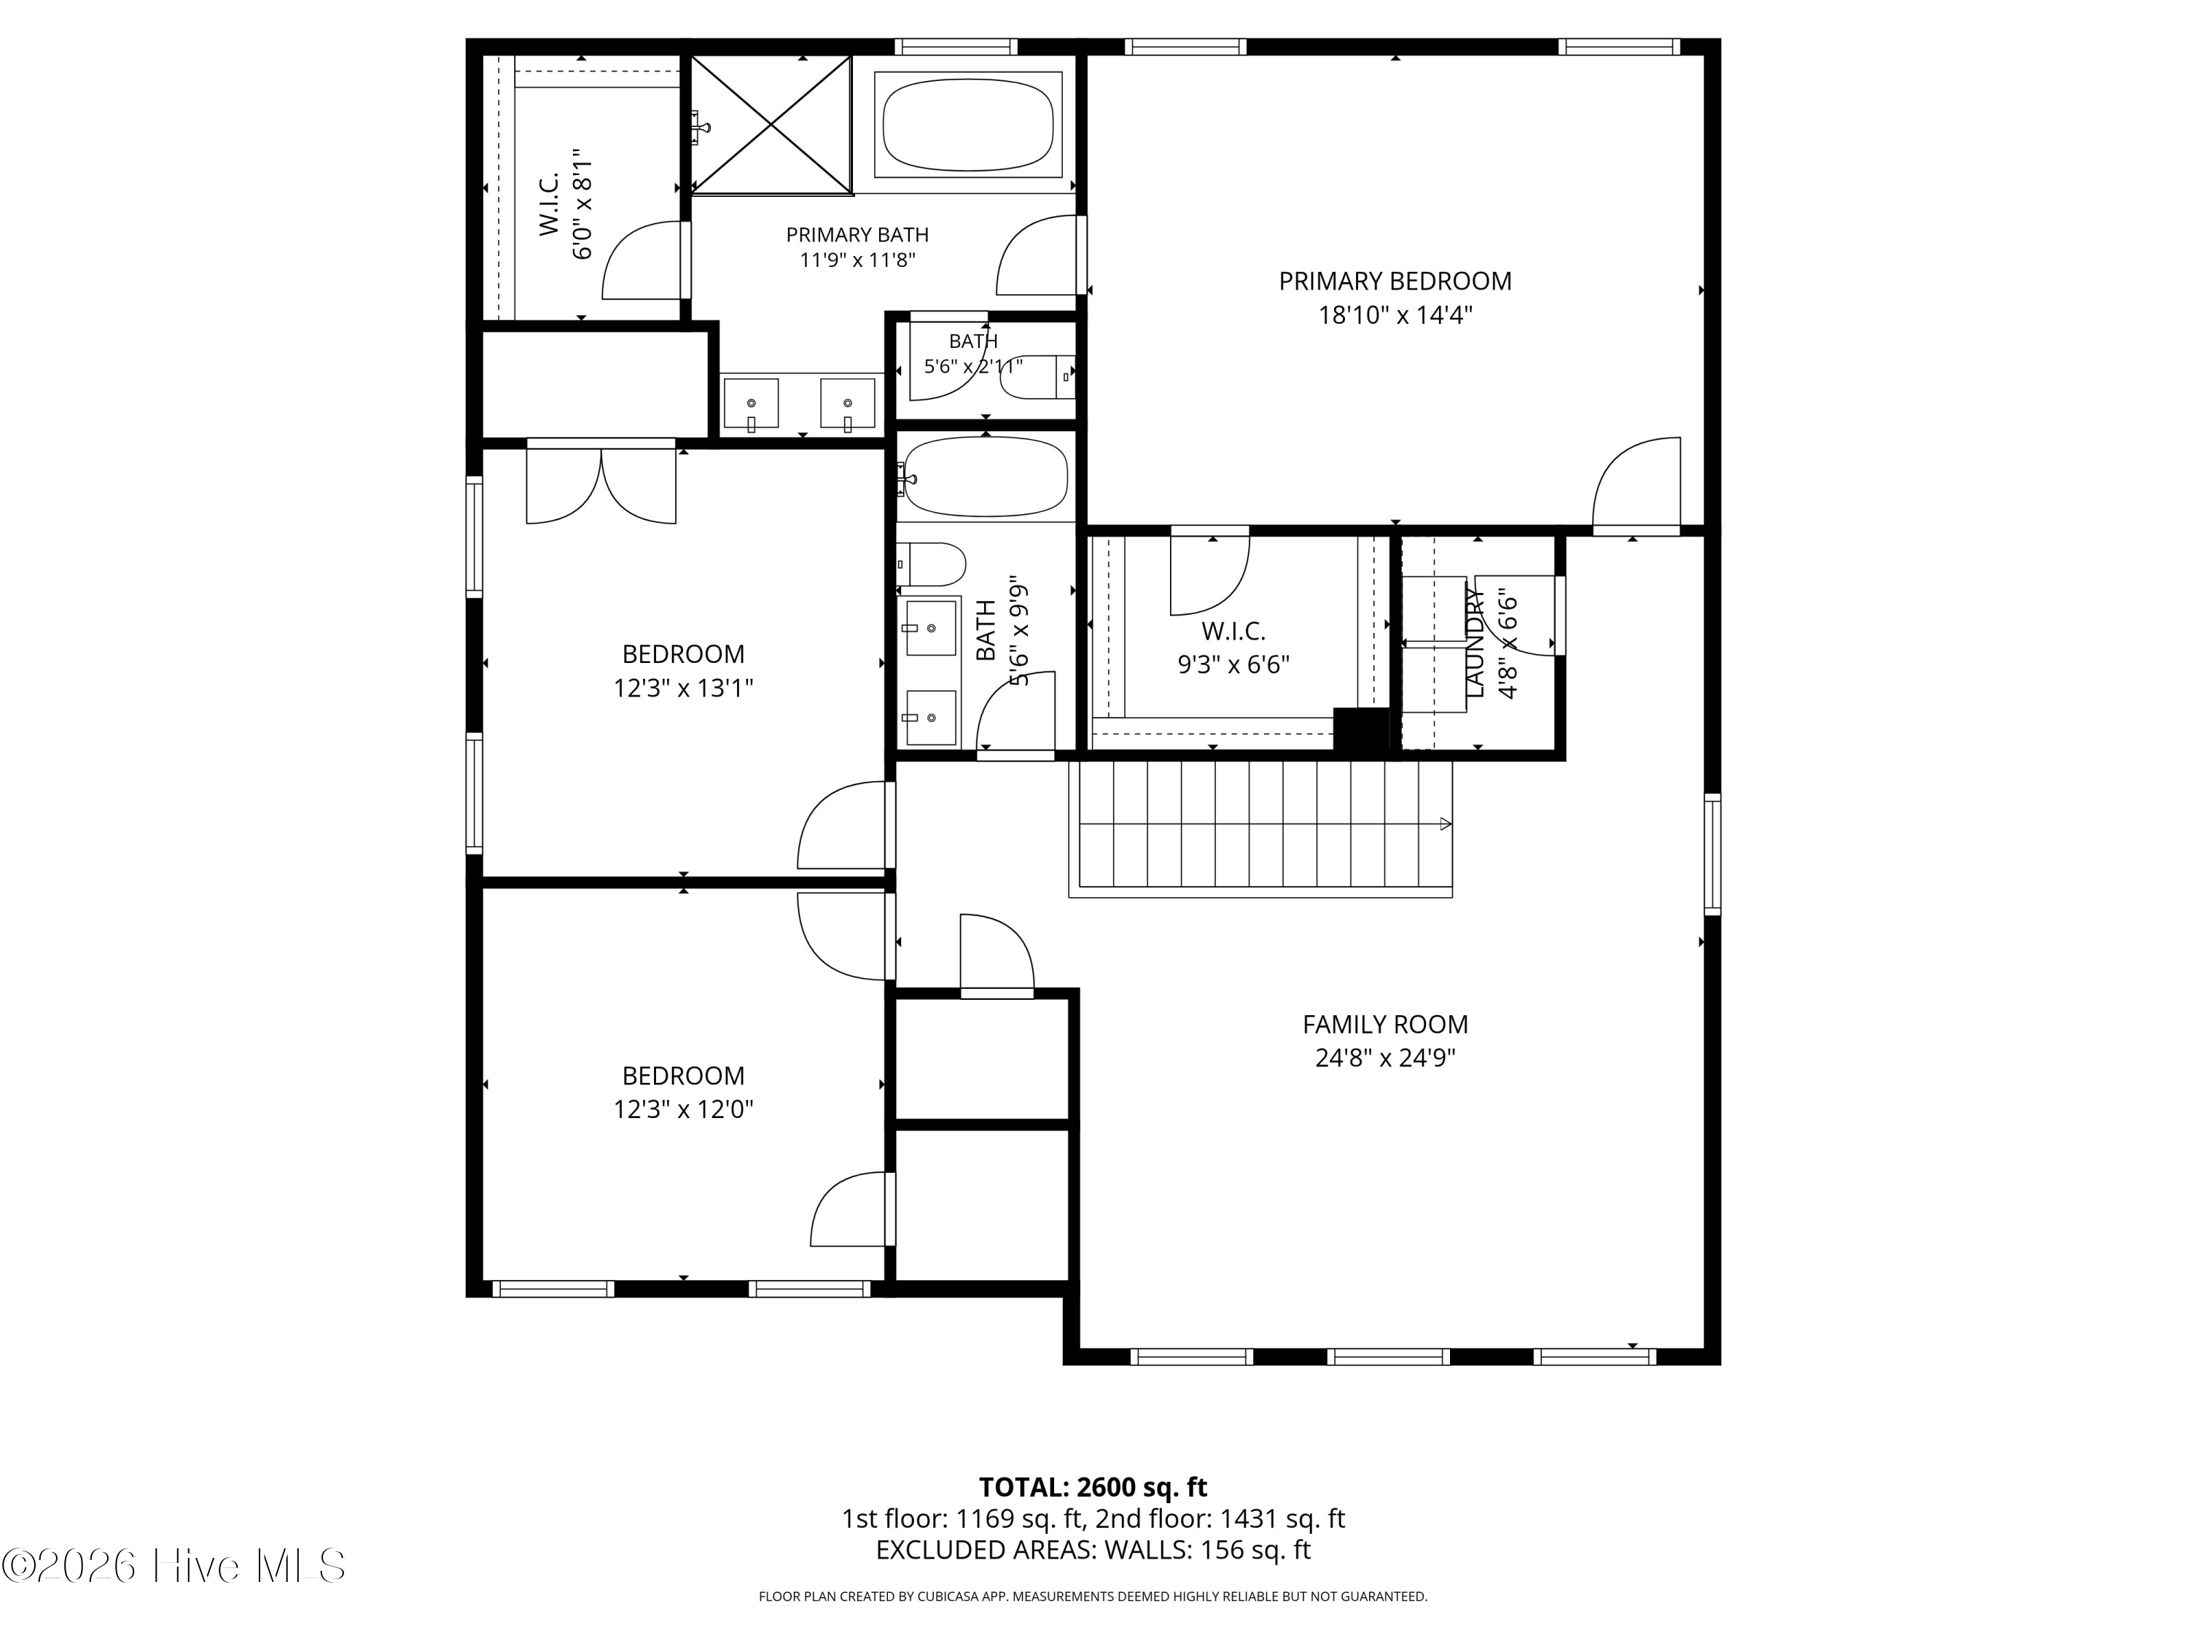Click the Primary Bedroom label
click(1395, 281)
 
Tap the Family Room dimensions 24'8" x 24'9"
click(1385, 1058)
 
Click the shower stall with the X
click(771, 124)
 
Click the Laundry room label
click(1474, 643)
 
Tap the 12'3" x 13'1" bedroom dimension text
click(683, 688)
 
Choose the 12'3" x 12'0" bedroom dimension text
click(683, 1109)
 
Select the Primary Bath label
click(857, 234)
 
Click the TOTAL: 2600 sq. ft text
click(1093, 1486)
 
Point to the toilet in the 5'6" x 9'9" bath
click(930, 564)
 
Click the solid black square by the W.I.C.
click(1362, 732)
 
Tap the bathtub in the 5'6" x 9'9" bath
click(985, 478)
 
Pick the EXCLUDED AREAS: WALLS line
click(1093, 1550)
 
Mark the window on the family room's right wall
click(1712, 853)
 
